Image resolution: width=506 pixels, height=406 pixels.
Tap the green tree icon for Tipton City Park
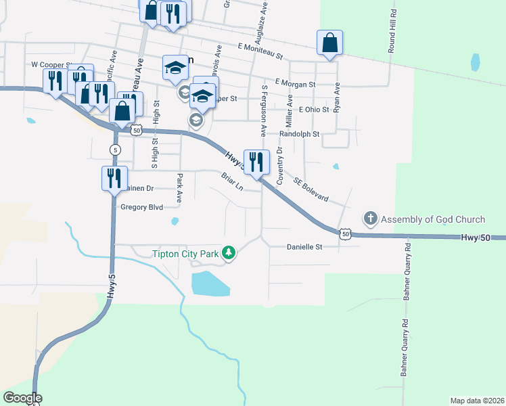[229, 253]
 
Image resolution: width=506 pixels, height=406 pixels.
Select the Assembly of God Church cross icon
[370, 219]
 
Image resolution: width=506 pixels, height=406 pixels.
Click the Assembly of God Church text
[433, 219]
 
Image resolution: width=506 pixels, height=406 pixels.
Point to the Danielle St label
[304, 247]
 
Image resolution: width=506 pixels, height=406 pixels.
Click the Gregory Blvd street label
[141, 208]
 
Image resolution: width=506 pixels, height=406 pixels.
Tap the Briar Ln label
[232, 182]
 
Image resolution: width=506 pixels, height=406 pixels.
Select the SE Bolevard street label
[311, 190]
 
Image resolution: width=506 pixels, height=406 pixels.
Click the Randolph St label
[299, 134]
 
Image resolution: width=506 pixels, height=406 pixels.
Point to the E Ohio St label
[313, 109]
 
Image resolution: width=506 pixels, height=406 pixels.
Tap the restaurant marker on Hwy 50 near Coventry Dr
[256, 162]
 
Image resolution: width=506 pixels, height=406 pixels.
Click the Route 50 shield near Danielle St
[345, 233]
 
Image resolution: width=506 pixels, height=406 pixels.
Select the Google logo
[22, 398]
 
